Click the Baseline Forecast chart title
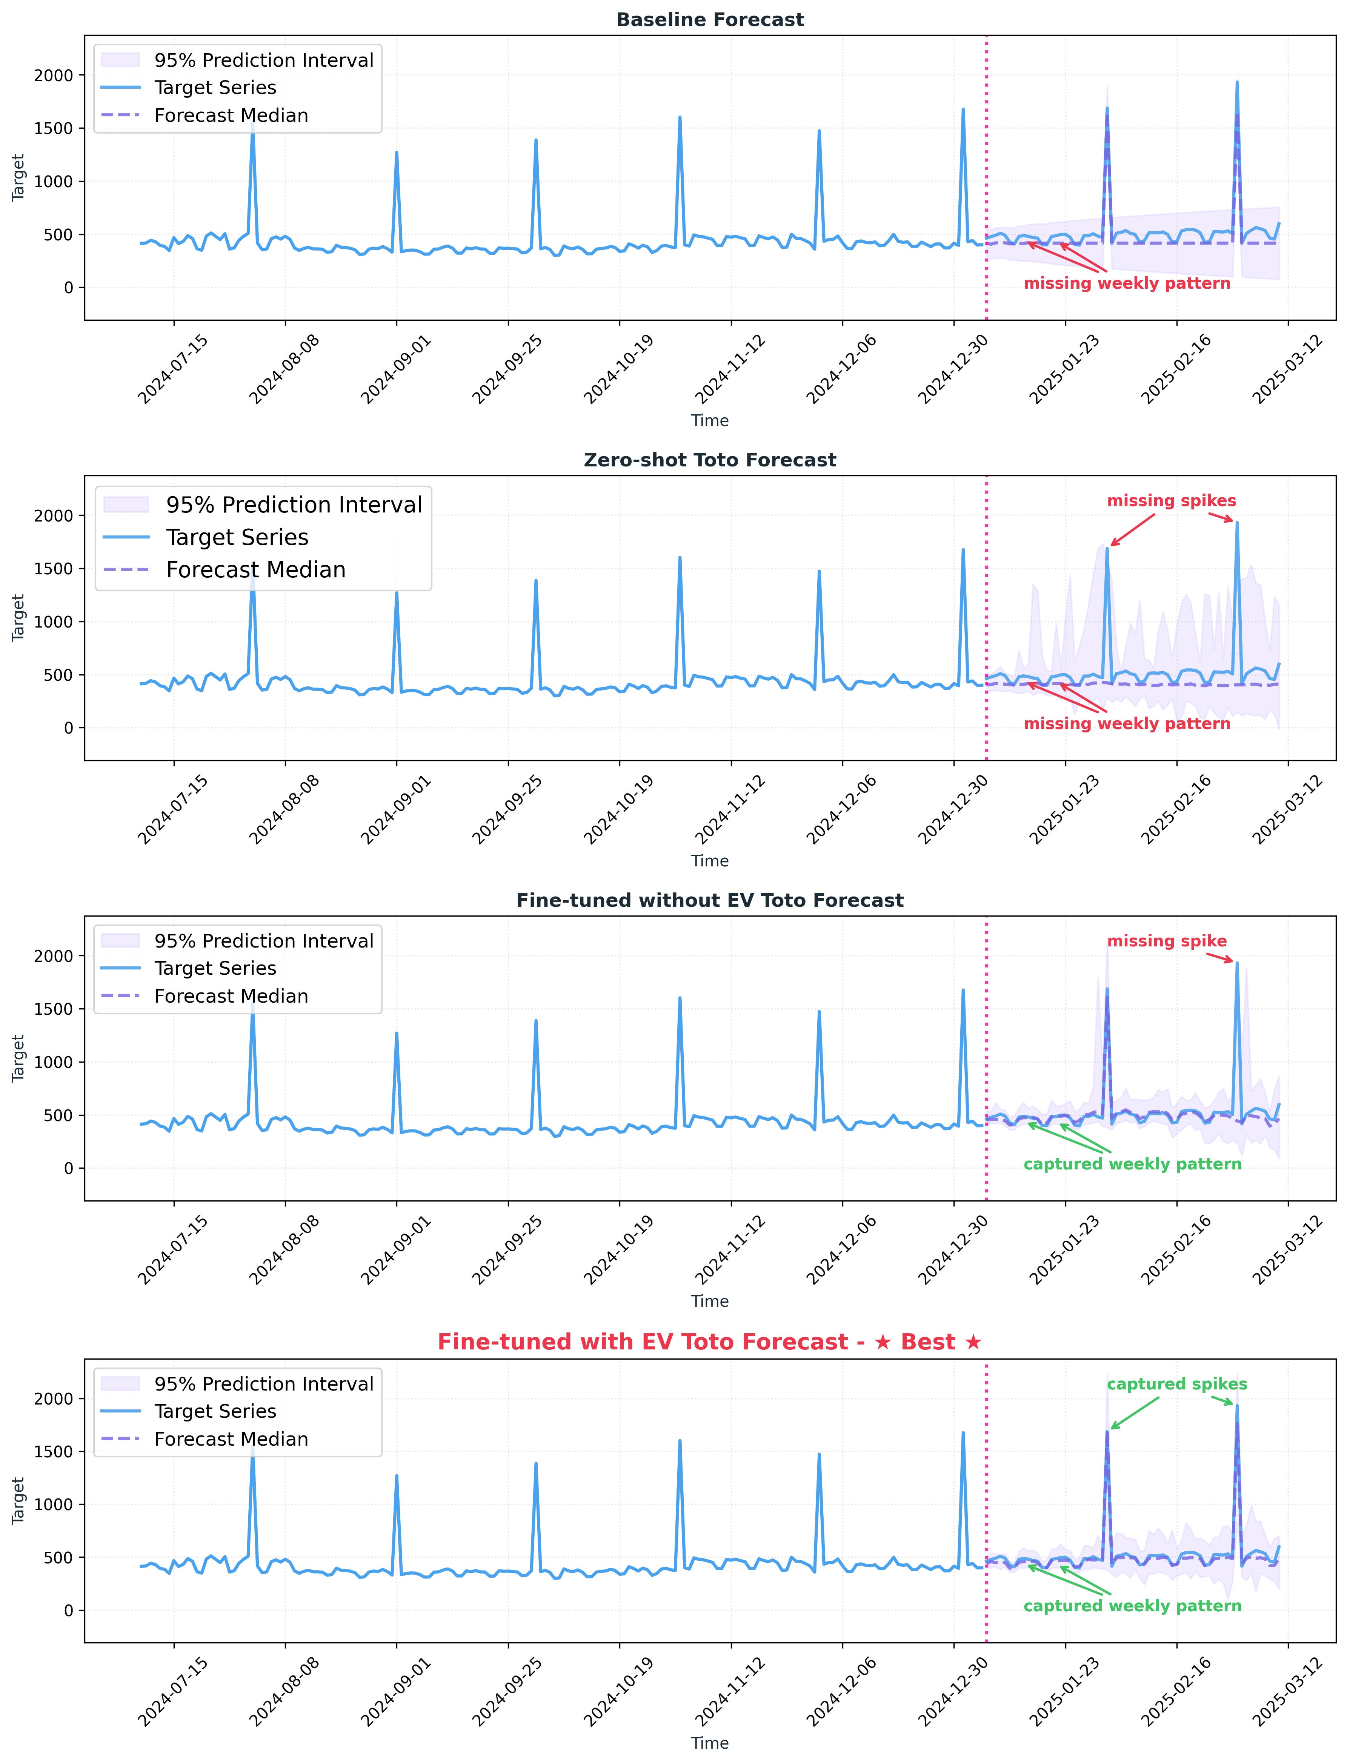[710, 20]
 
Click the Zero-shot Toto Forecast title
[710, 460]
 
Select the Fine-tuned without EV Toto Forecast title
[710, 900]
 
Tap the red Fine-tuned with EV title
[710, 1342]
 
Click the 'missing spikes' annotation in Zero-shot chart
[1172, 501]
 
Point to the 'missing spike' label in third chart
[1167, 941]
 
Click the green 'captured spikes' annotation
[1177, 1384]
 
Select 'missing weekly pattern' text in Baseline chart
[1127, 284]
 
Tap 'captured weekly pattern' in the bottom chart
[1132, 1606]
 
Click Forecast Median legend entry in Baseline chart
[231, 115]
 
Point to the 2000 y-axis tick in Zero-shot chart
[53, 515]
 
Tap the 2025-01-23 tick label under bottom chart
[1065, 1692]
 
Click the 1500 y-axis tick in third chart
[53, 1009]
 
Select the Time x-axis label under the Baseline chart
[710, 421]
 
